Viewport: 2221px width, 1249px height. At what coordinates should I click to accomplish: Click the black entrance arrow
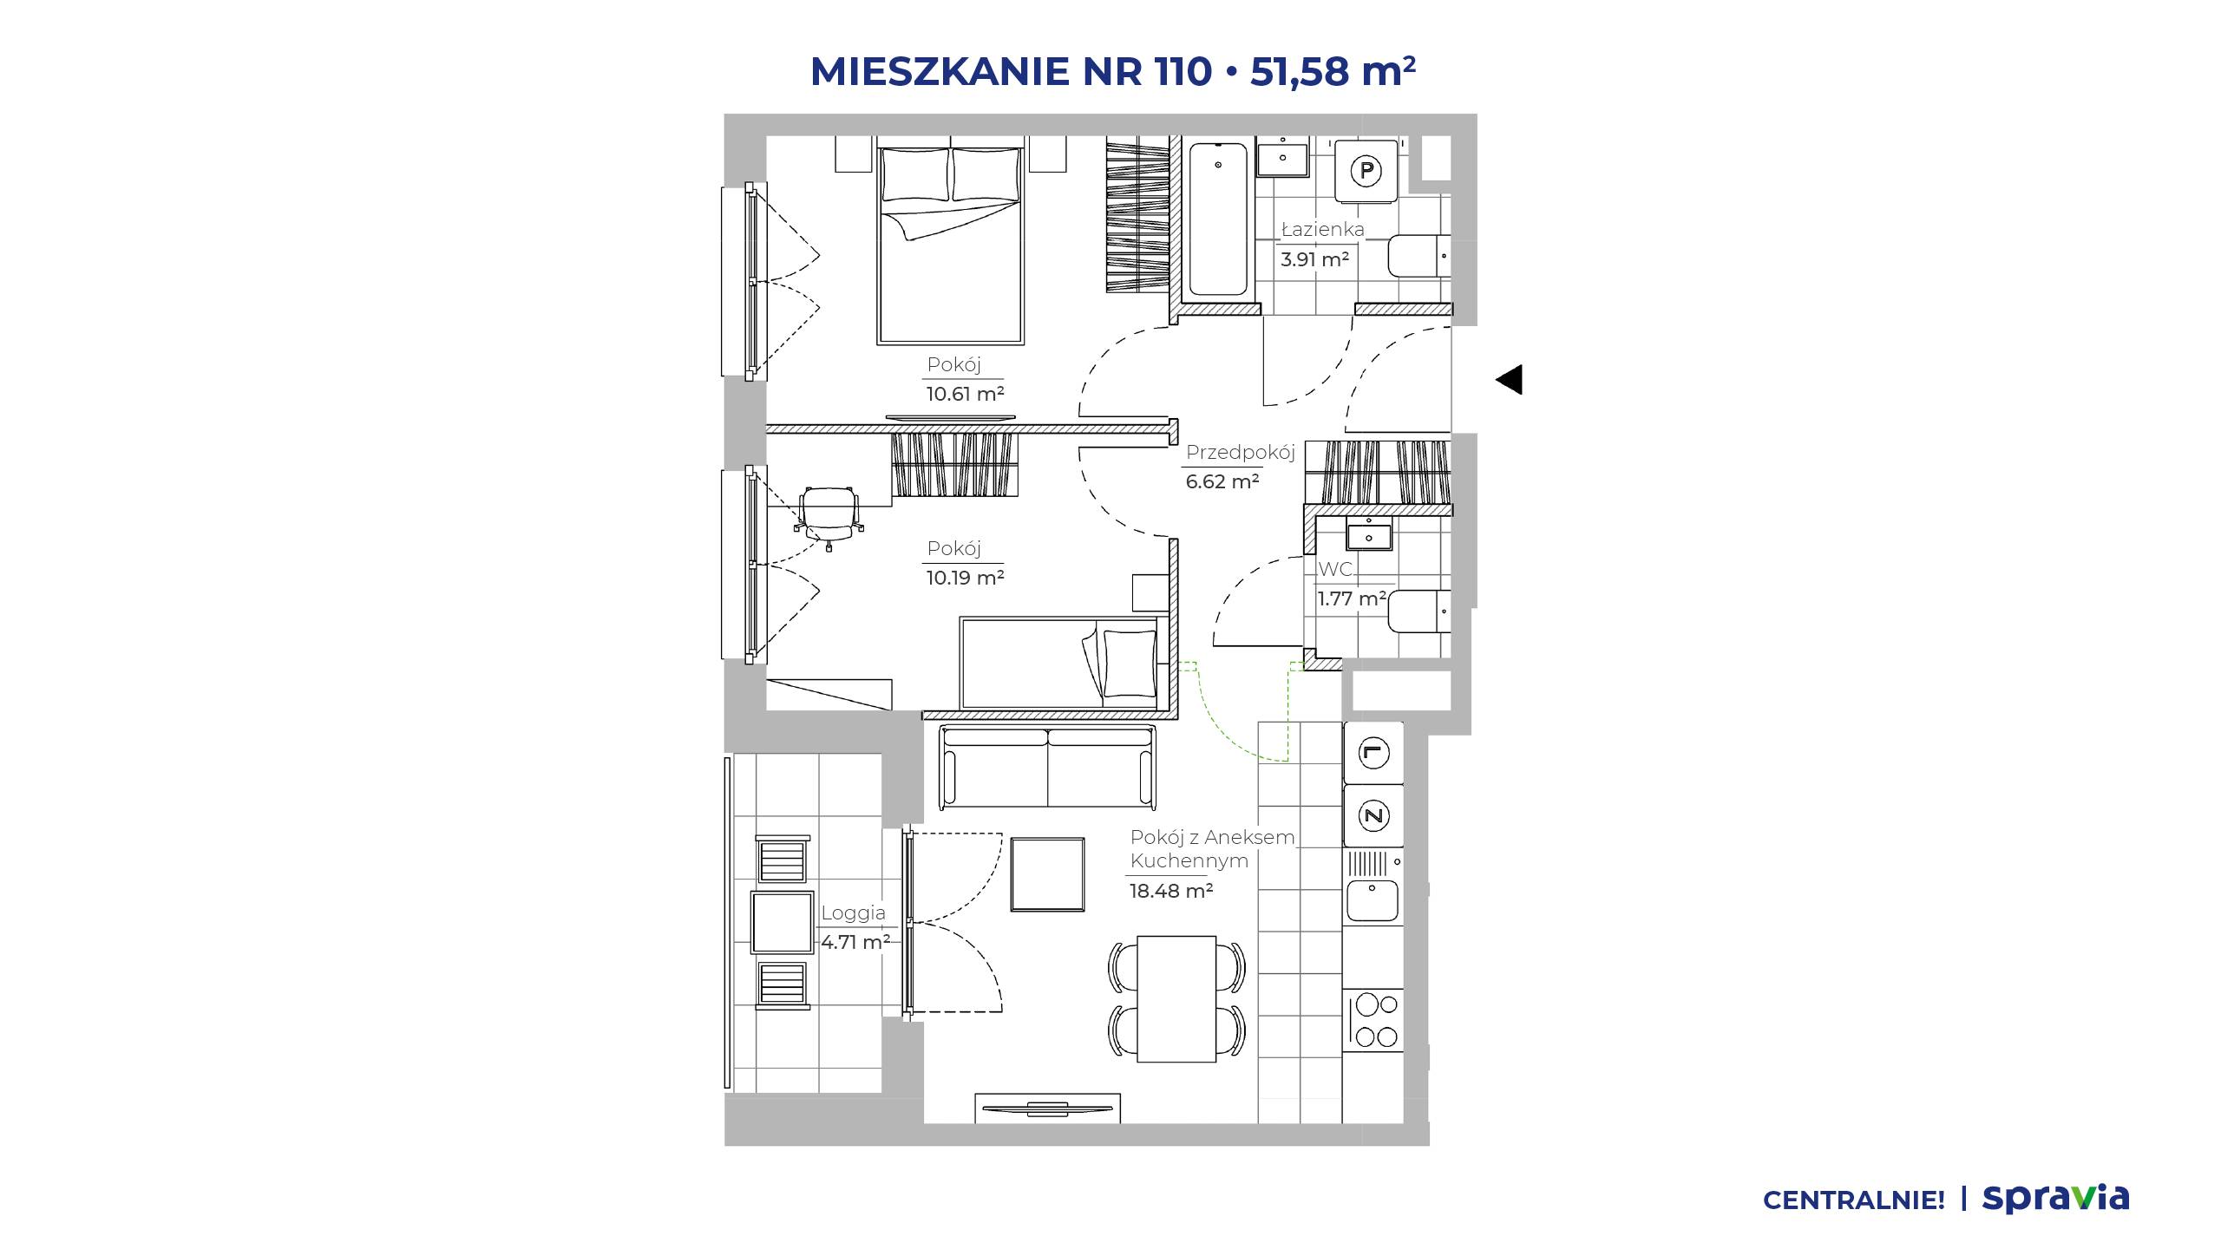tap(1510, 380)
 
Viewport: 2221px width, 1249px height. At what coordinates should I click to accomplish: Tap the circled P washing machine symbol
tap(1366, 171)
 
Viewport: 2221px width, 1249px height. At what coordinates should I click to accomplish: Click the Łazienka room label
tap(1323, 230)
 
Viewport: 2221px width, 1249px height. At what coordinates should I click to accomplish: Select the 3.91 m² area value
tap(1314, 259)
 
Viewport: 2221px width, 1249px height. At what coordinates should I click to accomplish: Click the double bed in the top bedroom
tap(950, 245)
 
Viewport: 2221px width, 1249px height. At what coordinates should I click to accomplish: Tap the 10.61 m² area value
tap(965, 394)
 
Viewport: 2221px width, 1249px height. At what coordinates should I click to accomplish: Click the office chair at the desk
tap(828, 517)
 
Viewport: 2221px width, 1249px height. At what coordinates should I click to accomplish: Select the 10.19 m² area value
tap(965, 578)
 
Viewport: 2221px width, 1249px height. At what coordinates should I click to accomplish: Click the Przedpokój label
tap(1240, 453)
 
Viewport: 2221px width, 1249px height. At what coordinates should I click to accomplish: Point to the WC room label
tap(1335, 570)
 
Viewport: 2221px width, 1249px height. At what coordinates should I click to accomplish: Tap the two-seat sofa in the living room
tap(1048, 768)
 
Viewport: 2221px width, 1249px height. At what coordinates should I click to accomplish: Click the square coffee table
tap(1048, 874)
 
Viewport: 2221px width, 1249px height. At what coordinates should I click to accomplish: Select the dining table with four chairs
tap(1177, 998)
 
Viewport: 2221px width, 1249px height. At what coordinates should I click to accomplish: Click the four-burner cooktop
tap(1376, 1020)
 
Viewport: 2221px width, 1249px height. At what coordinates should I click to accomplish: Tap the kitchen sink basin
tap(1373, 901)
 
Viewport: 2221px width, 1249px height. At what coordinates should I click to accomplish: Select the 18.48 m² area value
tap(1170, 891)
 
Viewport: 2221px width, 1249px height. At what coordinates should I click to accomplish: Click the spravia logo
tap(2055, 1198)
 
